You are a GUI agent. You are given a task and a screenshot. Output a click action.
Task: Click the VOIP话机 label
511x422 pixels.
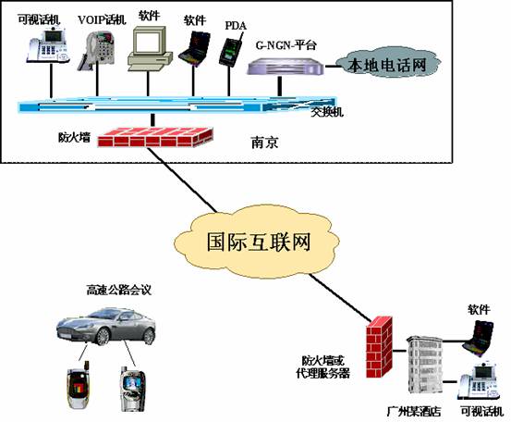[102, 20]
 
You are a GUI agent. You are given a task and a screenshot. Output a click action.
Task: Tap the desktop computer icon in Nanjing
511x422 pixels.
[150, 49]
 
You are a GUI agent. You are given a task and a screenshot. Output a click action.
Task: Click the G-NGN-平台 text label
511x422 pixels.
[286, 45]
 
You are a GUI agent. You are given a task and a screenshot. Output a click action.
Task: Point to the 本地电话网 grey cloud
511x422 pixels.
[387, 63]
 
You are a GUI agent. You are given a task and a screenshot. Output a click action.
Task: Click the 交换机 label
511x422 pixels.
[327, 112]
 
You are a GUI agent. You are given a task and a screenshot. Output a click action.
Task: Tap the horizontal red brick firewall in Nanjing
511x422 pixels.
[155, 137]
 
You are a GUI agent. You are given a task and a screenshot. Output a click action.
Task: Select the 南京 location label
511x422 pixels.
[264, 143]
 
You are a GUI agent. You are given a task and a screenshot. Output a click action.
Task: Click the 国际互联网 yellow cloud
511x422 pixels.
[258, 242]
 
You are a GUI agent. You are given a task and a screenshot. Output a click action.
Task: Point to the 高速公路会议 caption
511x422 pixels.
[119, 290]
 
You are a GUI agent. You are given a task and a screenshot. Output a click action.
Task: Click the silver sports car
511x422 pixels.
[106, 327]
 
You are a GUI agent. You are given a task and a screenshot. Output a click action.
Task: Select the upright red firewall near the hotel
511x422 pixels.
[379, 347]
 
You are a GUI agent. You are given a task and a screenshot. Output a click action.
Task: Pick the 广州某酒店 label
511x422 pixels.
[414, 411]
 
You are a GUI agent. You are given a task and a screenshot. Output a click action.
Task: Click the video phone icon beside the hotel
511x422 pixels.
[480, 381]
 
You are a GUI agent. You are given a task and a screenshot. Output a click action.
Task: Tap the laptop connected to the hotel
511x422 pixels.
[478, 340]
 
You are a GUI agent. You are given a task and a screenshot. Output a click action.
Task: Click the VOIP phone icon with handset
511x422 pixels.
[96, 50]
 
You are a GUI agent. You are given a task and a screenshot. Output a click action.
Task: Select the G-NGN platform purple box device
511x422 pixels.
[286, 67]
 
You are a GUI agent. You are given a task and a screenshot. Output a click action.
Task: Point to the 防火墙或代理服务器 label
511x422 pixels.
[322, 366]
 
